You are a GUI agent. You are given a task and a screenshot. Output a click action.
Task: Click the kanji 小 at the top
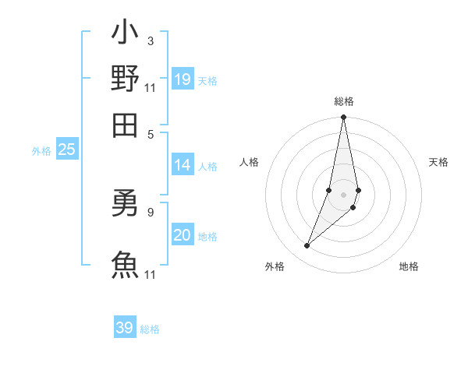(x=125, y=34)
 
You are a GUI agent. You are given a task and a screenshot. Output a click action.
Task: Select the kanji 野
(x=125, y=79)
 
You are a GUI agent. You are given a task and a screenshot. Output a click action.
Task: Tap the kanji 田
(x=125, y=123)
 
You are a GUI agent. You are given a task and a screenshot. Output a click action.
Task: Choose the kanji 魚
(x=125, y=263)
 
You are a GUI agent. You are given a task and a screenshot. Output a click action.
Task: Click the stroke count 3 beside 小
(x=150, y=40)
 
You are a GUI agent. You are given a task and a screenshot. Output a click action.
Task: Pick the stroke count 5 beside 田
(x=150, y=133)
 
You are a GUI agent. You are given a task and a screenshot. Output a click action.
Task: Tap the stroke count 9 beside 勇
(x=150, y=211)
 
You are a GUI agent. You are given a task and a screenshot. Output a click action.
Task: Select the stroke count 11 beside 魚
(x=151, y=274)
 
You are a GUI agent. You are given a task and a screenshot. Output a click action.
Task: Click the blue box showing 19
(x=183, y=79)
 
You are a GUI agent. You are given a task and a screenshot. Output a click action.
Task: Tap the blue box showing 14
(x=183, y=165)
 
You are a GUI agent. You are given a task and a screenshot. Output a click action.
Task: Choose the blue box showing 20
(x=183, y=236)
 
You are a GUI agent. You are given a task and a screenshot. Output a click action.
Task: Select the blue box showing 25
(x=67, y=150)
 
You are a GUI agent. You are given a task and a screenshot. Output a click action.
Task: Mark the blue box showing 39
(x=125, y=328)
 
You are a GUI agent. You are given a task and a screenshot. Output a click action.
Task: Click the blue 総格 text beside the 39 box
(x=151, y=329)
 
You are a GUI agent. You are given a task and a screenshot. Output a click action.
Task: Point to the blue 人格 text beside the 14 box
(x=208, y=166)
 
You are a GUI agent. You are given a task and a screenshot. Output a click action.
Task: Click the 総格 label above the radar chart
(x=344, y=101)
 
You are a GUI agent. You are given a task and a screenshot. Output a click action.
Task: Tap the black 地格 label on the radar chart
(x=409, y=266)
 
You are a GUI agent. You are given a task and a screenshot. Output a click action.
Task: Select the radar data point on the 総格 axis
(x=343, y=118)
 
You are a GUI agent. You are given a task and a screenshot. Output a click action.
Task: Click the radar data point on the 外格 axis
(x=307, y=246)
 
